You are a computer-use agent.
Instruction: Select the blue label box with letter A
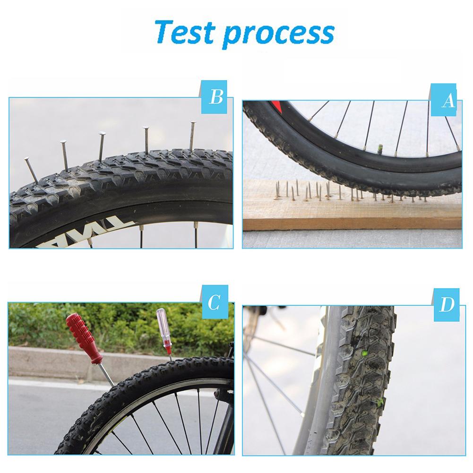click(446, 100)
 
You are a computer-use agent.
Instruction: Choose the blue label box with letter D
click(446, 305)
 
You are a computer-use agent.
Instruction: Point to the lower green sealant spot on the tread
click(378, 403)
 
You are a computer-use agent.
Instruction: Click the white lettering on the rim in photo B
click(52, 233)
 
